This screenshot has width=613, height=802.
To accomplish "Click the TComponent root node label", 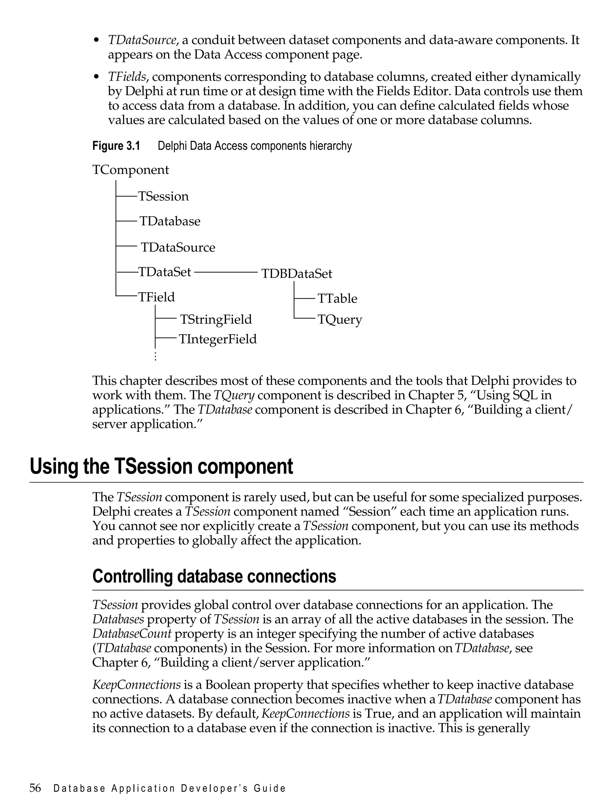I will click(x=131, y=170).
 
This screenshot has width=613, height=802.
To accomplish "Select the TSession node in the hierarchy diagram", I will click(x=163, y=196).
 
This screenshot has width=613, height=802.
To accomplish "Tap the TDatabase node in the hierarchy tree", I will click(x=170, y=221).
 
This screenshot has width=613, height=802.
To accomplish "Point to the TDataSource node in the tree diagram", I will click(x=178, y=247).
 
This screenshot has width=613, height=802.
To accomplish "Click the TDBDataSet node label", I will click(x=297, y=274).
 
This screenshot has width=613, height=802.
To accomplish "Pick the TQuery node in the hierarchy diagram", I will click(x=340, y=320).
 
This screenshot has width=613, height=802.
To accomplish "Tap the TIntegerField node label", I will click(x=218, y=339).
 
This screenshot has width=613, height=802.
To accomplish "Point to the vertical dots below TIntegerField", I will click(x=155, y=356).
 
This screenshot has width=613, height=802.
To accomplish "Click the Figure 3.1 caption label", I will click(x=116, y=146).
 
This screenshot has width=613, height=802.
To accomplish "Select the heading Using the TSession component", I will click(x=161, y=467).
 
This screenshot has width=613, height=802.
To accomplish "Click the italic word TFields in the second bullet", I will click(x=127, y=77).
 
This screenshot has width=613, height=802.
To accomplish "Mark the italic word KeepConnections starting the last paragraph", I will click(x=136, y=685).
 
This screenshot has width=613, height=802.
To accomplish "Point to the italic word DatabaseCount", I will click(x=132, y=634).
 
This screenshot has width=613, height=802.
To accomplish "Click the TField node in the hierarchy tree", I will click(x=156, y=297).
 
